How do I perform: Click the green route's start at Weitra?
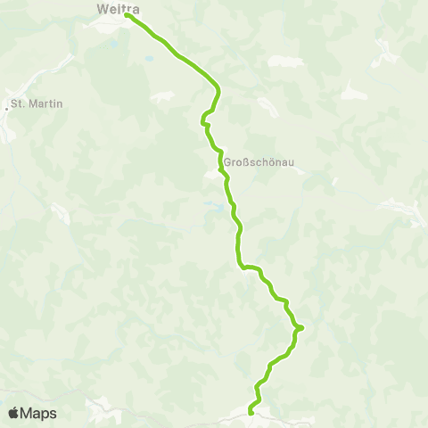click(128, 15)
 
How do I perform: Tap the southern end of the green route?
click(251, 412)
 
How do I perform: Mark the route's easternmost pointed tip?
click(301, 327)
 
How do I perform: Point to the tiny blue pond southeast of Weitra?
click(150, 58)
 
